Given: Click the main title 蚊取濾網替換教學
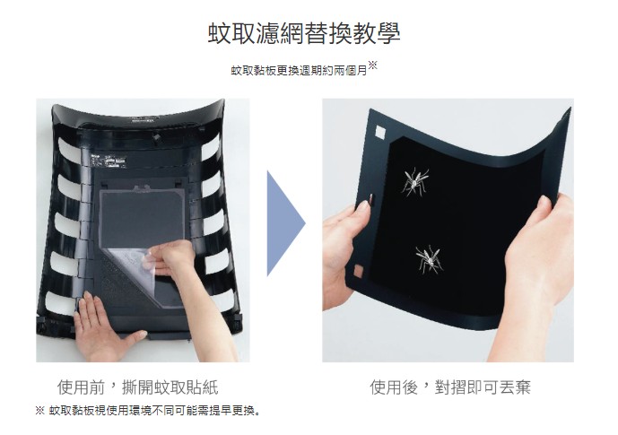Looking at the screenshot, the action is [x=304, y=33].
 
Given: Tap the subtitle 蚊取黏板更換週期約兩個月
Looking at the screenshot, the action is [x=300, y=71].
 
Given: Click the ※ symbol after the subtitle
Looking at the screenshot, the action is [x=373, y=65].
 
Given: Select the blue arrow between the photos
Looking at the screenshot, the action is [x=286, y=223].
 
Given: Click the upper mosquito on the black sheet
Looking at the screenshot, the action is [x=414, y=182].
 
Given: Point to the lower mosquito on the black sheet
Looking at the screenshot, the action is [x=430, y=260].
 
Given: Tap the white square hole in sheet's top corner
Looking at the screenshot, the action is [x=380, y=133].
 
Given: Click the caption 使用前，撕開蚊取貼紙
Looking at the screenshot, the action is [x=137, y=387].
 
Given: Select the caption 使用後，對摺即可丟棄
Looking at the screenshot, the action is [x=450, y=387].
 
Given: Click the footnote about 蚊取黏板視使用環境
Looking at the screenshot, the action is [x=148, y=411].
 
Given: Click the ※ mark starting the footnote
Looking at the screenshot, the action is [x=39, y=411].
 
